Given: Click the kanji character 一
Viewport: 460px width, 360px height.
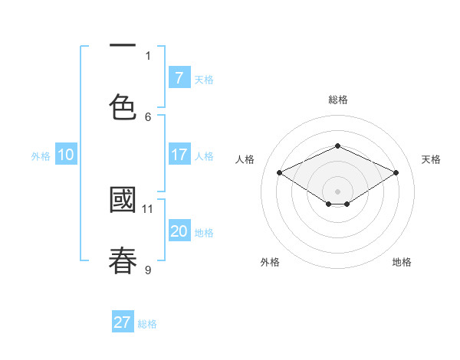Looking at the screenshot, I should [123, 45].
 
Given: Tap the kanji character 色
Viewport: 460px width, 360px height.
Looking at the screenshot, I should [123, 106].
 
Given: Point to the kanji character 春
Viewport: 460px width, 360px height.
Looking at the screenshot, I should [123, 260].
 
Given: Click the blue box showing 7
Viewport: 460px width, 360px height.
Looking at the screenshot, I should [179, 77].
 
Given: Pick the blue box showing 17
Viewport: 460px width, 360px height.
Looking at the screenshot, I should [179, 154].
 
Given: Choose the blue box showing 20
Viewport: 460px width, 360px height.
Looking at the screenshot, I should [179, 231].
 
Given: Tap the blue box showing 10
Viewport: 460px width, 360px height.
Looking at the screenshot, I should [66, 155].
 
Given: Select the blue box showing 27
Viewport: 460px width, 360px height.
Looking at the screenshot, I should [122, 322].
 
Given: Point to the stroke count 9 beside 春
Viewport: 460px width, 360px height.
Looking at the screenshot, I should [148, 270].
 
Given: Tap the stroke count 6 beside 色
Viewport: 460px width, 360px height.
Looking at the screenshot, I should [148, 116].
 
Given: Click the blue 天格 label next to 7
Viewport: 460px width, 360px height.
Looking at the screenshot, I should [204, 79].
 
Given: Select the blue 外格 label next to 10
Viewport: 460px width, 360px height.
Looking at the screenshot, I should [41, 156].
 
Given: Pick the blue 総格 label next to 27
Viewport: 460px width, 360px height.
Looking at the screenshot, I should [147, 324].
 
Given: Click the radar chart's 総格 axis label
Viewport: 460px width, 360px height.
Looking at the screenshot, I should [337, 100].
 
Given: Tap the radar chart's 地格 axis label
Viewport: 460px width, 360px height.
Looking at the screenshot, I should [402, 262].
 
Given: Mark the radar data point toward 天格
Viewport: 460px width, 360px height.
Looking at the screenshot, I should [396, 173].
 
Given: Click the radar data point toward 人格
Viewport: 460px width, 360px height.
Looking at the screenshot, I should [280, 173].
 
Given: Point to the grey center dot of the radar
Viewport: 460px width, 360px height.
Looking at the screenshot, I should [338, 191].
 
